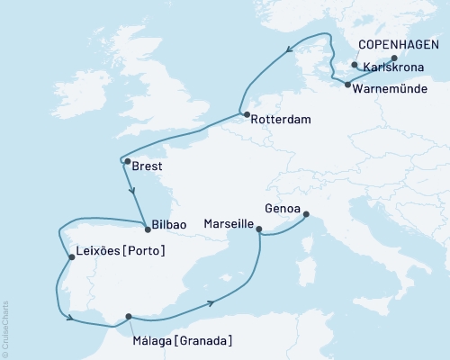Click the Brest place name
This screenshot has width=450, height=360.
(x=147, y=166)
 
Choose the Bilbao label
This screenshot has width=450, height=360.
(x=169, y=229)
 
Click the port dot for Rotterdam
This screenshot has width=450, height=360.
(x=245, y=114)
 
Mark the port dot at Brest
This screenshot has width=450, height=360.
(x=127, y=162)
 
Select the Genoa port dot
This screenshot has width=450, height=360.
(x=306, y=214)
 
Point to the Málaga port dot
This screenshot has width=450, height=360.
(x=129, y=316)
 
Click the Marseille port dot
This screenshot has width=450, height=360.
(x=259, y=229)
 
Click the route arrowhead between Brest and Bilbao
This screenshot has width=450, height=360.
(x=132, y=190)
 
